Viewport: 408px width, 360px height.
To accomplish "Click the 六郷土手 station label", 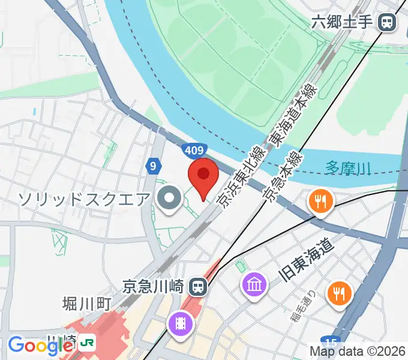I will (x=344, y=23).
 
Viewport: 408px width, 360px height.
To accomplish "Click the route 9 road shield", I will (x=154, y=165).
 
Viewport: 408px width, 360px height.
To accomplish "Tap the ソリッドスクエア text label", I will (x=83, y=198).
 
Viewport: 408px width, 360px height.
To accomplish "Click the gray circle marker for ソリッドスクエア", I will (x=169, y=199).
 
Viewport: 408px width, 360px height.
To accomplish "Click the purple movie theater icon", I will (x=181, y=324).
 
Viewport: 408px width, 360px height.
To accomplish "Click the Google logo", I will (x=40, y=346).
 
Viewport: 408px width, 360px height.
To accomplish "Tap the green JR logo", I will (x=87, y=344).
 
